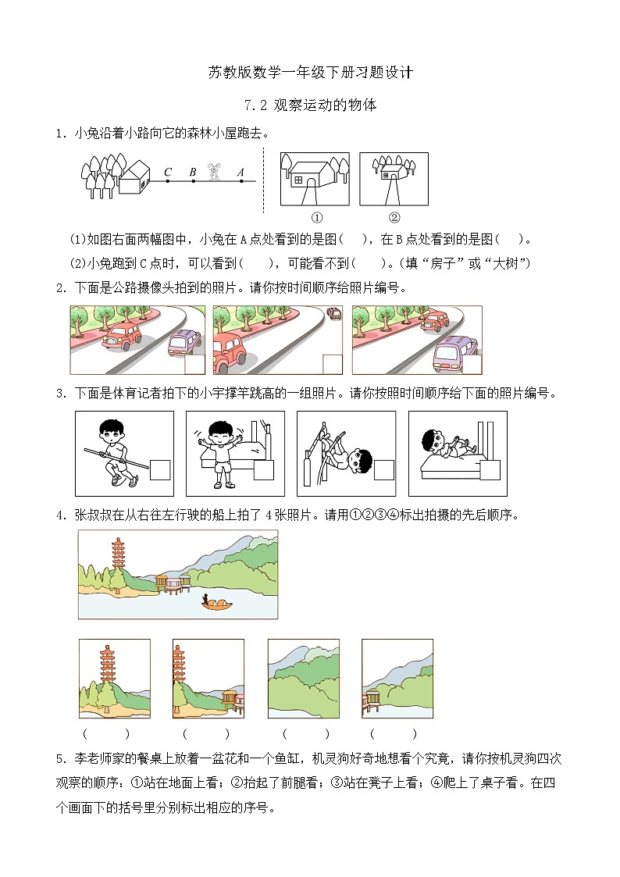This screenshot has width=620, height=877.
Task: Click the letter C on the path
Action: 168,173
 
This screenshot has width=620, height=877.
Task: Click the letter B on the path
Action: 192,173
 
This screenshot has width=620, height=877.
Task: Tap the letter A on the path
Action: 241,173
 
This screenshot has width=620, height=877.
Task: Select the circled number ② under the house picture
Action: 394,217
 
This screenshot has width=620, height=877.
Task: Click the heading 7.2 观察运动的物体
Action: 310,105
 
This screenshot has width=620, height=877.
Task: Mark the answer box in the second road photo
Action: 333,365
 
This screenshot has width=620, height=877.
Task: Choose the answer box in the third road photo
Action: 471,365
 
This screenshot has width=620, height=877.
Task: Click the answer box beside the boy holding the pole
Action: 160,470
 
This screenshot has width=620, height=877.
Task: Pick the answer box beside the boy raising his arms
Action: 264,470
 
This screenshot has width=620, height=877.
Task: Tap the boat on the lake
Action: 216,604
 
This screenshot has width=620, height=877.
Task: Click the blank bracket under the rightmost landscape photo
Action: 394,734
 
